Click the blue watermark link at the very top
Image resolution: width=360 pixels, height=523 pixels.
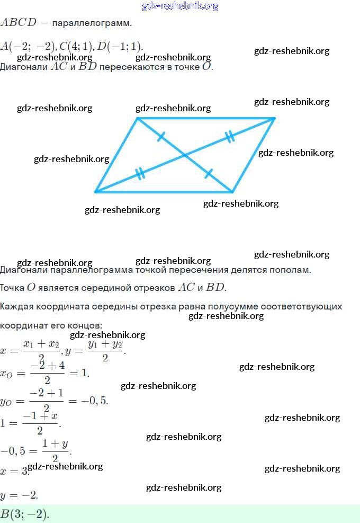pyautogui.click(x=180, y=6)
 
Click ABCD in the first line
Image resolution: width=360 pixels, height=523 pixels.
pyautogui.click(x=19, y=23)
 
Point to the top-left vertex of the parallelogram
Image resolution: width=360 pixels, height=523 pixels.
pyautogui.click(x=138, y=118)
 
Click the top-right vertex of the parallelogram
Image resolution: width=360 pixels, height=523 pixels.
pyautogui.click(x=274, y=118)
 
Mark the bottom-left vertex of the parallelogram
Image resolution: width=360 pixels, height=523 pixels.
pyautogui.click(x=96, y=191)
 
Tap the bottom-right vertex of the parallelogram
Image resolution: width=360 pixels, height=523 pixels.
pyautogui.click(x=232, y=191)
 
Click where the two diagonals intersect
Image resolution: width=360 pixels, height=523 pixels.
pyautogui.click(x=185, y=155)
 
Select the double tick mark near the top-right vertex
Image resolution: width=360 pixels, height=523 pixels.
pyautogui.click(x=229, y=137)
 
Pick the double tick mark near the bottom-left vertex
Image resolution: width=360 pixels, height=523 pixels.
pyautogui.click(x=140, y=173)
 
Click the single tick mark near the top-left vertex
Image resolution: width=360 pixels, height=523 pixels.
pyautogui.click(x=161, y=136)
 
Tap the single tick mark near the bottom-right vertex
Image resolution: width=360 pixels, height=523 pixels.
pyautogui.click(x=209, y=173)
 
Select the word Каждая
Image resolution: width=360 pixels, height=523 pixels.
pyautogui.click(x=15, y=307)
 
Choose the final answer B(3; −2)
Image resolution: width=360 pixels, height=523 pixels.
pyautogui.click(x=24, y=514)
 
